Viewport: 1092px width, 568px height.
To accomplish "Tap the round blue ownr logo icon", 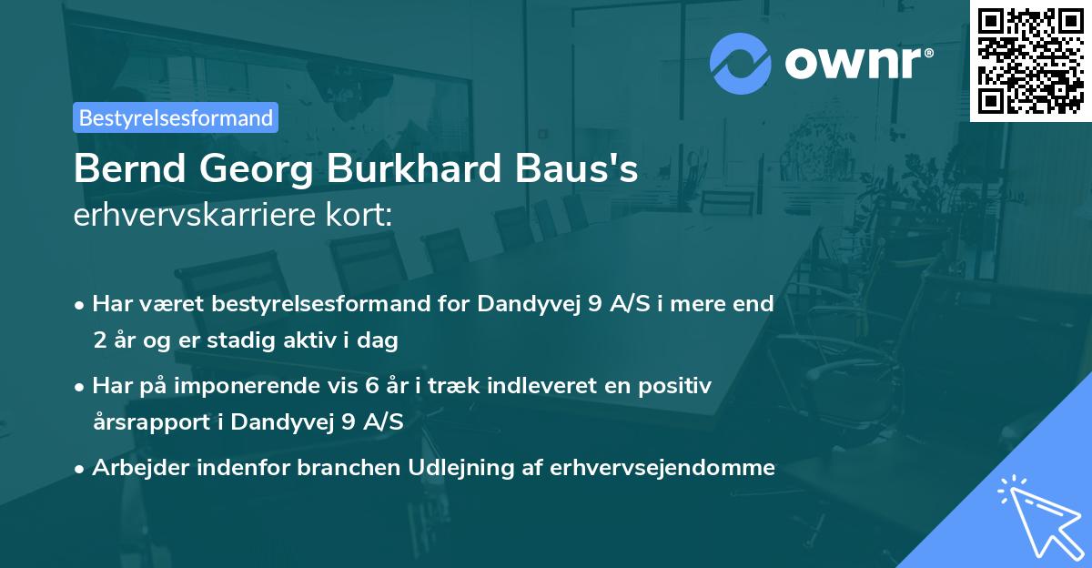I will pyautogui.click(x=740, y=63).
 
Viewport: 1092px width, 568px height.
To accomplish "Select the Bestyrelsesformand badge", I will pyautogui.click(x=176, y=117).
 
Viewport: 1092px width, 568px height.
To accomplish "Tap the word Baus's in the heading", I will pyautogui.click(x=578, y=170).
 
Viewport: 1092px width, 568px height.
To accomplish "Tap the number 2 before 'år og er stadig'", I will pyautogui.click(x=98, y=341).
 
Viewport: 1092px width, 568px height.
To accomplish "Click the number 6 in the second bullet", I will pyautogui.click(x=371, y=386).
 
